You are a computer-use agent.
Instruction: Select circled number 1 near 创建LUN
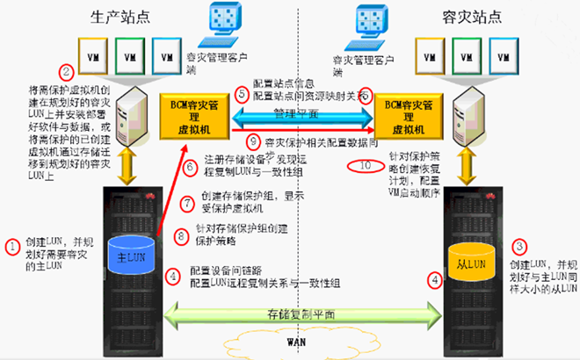click(x=12, y=246)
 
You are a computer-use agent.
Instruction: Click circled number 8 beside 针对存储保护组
click(x=183, y=234)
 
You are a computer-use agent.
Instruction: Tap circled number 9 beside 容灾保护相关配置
click(x=254, y=140)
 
